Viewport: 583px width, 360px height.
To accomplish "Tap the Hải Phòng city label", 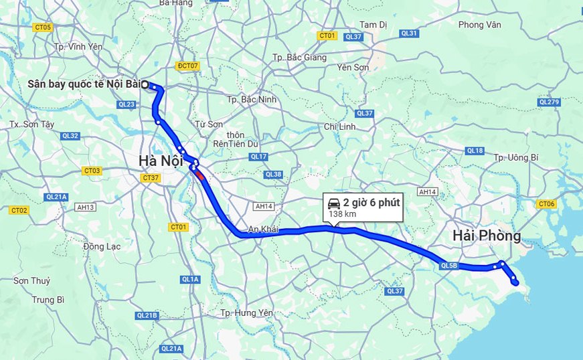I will point(487,236).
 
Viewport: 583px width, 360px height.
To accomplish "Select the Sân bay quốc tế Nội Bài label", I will point(83,84).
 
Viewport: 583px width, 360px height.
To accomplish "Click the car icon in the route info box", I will point(333,203).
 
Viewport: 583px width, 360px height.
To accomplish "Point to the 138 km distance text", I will point(341,214).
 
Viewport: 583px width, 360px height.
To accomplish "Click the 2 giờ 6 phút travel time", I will point(371,203).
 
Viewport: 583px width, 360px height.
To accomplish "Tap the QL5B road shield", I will point(448,266).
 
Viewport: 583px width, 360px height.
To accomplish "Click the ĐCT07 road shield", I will point(188,66).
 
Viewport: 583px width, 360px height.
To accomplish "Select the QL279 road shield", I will point(548,102).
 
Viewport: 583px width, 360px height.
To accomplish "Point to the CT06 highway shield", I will point(547,203).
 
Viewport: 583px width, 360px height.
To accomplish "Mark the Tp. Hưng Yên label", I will point(247,313).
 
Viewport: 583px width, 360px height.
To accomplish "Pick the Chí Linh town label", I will point(339,126).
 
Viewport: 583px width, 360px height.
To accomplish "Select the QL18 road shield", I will point(475,151).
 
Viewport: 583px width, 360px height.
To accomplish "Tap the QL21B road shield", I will point(147,315).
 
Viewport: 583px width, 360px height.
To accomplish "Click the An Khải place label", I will point(263,229).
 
